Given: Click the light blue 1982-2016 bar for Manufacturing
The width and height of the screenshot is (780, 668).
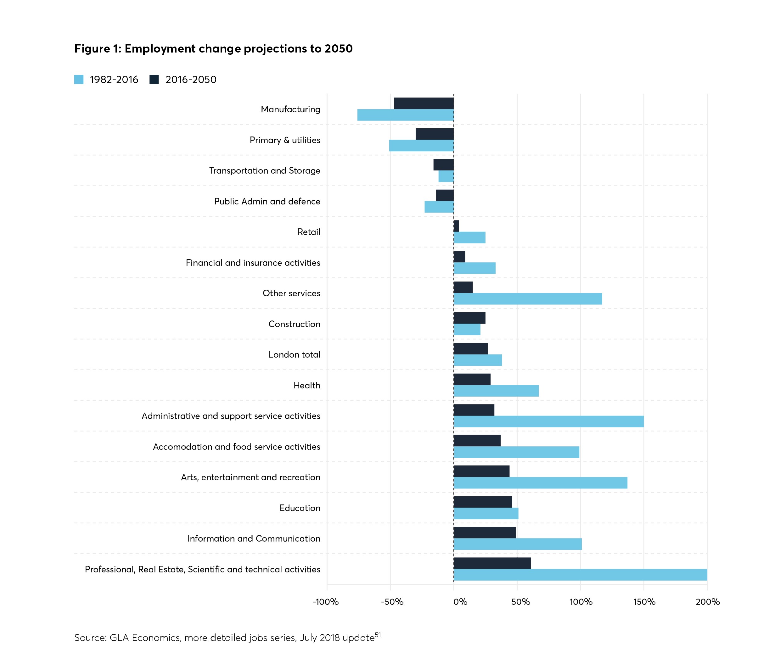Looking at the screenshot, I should click(x=406, y=115).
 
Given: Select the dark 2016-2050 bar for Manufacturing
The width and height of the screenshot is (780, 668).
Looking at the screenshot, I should click(x=424, y=103).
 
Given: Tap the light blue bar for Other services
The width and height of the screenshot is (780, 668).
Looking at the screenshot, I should click(x=528, y=299).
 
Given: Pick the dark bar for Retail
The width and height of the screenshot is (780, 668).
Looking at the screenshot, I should click(x=456, y=226).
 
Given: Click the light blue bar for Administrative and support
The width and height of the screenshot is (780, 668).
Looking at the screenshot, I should click(x=548, y=421).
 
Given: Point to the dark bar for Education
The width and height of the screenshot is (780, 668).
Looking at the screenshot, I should click(x=483, y=502).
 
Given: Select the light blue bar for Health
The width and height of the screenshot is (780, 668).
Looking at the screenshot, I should click(x=496, y=391).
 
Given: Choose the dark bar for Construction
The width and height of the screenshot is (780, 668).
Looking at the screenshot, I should click(x=469, y=318).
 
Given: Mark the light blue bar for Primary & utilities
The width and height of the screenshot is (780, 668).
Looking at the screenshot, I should click(x=421, y=146).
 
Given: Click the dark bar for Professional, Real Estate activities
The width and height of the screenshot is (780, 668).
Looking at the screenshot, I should click(x=492, y=563).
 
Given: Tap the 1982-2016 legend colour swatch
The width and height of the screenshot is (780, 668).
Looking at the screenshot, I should click(x=79, y=79).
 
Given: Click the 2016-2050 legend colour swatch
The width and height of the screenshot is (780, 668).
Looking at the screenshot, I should click(x=154, y=79).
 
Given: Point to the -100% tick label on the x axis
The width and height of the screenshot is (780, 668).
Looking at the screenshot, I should click(x=326, y=602).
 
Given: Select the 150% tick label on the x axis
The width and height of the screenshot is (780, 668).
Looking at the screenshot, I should click(x=644, y=602).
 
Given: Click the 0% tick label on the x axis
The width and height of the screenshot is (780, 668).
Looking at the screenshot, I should click(x=460, y=602).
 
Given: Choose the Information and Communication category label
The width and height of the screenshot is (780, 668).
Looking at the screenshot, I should click(x=254, y=538).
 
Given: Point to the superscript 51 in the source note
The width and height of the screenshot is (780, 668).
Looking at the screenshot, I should click(x=378, y=635).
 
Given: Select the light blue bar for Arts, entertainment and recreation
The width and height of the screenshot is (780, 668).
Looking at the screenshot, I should click(x=540, y=483).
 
